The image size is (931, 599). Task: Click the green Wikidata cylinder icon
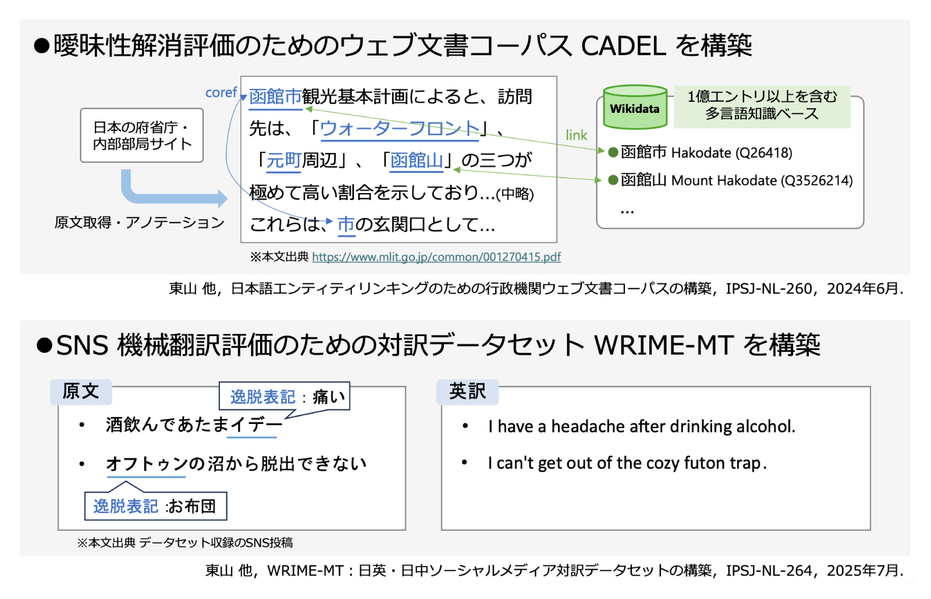pyautogui.click(x=635, y=108)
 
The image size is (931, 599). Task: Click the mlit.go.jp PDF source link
pyautogui.click(x=436, y=257)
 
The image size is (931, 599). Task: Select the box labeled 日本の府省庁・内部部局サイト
pyautogui.click(x=142, y=136)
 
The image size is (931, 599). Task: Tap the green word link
pyautogui.click(x=576, y=135)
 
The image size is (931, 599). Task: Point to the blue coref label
pyautogui.click(x=221, y=92)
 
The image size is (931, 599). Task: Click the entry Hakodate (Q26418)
pyautogui.click(x=706, y=152)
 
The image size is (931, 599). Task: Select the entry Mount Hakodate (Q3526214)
pyautogui.click(x=736, y=180)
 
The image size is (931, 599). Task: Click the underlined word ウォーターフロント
pyautogui.click(x=400, y=128)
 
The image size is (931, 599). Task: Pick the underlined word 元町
pyautogui.click(x=283, y=160)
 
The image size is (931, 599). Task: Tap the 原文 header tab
pyautogui.click(x=81, y=391)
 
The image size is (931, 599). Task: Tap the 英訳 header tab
pyautogui.click(x=467, y=391)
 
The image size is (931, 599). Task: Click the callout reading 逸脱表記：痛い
pyautogui.click(x=285, y=397)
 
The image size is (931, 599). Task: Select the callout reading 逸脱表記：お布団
pyautogui.click(x=155, y=506)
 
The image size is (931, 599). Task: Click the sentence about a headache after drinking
pyautogui.click(x=641, y=426)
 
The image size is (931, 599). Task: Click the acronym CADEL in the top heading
pyautogui.click(x=623, y=45)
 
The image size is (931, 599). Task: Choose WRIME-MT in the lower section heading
pyautogui.click(x=663, y=345)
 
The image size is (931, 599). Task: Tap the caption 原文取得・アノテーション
pyautogui.click(x=140, y=223)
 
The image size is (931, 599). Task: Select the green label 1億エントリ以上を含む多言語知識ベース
pyautogui.click(x=762, y=105)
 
